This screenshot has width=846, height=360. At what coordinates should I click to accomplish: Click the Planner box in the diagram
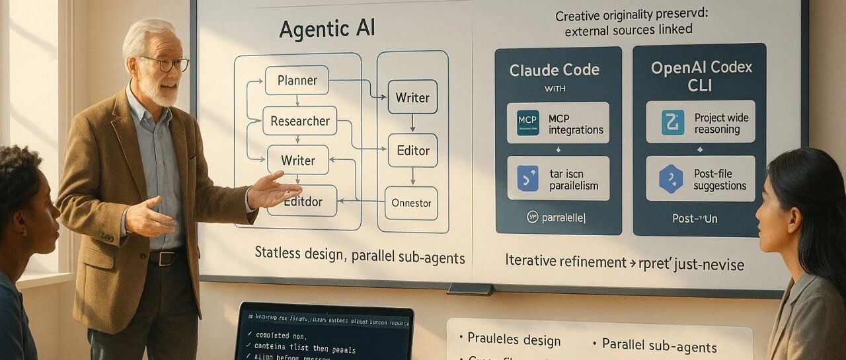[x=297, y=81]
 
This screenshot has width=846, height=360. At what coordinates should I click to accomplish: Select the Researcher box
[x=300, y=121]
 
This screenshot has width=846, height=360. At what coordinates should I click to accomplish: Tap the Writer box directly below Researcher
[x=297, y=160]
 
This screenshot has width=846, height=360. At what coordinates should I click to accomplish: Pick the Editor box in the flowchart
[x=412, y=150]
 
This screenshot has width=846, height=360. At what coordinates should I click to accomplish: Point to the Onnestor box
[x=411, y=203]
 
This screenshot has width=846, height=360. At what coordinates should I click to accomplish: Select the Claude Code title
[x=555, y=70]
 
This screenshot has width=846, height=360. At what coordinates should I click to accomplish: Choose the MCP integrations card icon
[x=527, y=123]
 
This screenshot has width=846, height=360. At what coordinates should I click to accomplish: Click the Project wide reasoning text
[x=721, y=124]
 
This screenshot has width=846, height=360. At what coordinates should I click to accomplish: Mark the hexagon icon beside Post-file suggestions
[x=670, y=179]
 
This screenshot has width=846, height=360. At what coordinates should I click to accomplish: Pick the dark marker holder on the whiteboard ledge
[x=469, y=289]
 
